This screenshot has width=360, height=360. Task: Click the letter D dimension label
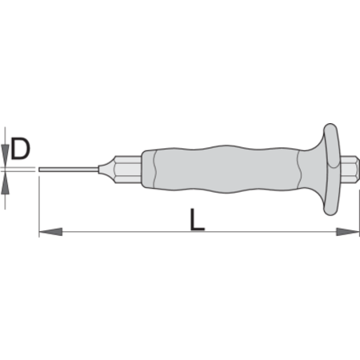pos(20,149)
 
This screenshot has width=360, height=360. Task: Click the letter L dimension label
pos(198,219)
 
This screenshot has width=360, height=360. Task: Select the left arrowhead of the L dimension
pos(50,231)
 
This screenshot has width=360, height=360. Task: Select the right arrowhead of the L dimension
pos(347,231)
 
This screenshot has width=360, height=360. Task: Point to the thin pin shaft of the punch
pos(69,170)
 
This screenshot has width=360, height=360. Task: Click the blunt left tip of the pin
pos(39,170)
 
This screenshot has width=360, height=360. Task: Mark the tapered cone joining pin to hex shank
pos(106,170)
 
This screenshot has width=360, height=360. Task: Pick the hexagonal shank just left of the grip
pos(128,170)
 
